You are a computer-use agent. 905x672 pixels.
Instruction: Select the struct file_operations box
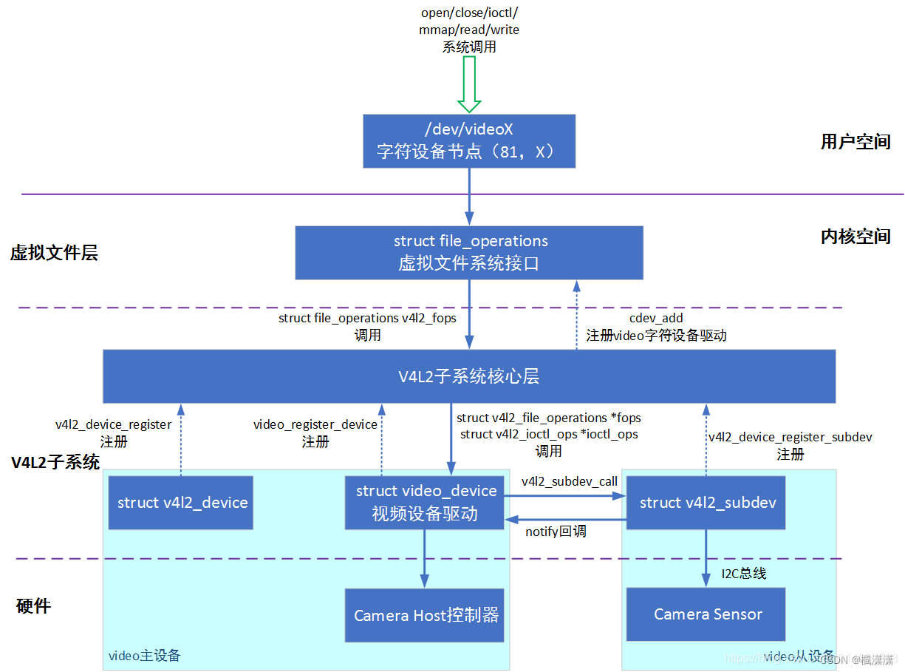[468, 252]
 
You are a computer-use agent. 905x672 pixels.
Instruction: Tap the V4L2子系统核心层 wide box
[468, 376]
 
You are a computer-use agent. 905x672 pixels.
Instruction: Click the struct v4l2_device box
[182, 503]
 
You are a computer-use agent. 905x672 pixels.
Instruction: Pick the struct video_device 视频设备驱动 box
[426, 503]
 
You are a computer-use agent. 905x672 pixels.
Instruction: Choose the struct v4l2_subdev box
[707, 503]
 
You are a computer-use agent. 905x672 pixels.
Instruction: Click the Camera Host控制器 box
[426, 615]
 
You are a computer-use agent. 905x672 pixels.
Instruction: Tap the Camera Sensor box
[707, 614]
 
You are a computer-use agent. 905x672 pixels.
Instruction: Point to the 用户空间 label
[856, 142]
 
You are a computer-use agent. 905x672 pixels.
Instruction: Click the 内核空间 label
[856, 237]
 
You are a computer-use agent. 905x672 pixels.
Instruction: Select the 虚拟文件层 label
[54, 254]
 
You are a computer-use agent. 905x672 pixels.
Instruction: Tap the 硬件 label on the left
[34, 607]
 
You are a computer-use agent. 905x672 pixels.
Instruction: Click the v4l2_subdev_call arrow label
[569, 481]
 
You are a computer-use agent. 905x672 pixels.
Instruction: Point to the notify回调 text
[556, 532]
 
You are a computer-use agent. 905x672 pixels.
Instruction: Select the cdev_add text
[656, 318]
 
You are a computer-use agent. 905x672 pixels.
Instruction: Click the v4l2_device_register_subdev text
[790, 437]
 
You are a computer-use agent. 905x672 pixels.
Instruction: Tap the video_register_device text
[315, 424]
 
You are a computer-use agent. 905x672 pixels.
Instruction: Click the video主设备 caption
[144, 656]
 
